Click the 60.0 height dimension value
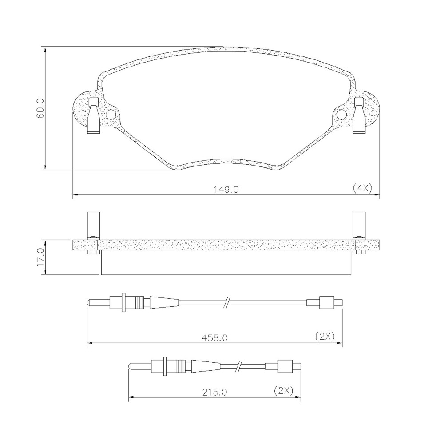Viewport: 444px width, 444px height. [x=40, y=108]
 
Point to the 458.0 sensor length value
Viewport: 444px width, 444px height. [x=215, y=338]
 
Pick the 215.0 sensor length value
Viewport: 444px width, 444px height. [x=214, y=392]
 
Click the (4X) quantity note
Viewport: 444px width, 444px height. [x=362, y=188]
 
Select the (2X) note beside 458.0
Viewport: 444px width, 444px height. [x=325, y=337]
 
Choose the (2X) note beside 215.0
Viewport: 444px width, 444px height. [x=283, y=391]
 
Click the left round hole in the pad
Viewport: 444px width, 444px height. [x=111, y=114]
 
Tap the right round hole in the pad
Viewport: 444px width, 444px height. [x=342, y=114]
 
